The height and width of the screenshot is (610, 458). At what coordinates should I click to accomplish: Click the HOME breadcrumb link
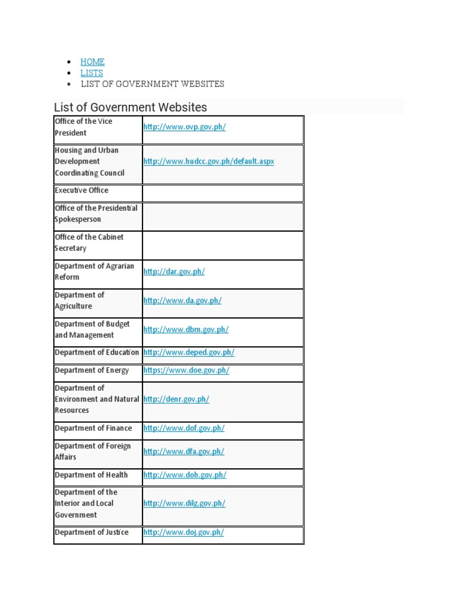click(x=92, y=61)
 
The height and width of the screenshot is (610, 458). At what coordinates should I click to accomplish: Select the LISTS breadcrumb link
click(x=92, y=73)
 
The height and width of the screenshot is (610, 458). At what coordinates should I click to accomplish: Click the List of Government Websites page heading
click(x=131, y=107)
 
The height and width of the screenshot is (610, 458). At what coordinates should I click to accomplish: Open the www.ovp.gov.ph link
click(x=184, y=127)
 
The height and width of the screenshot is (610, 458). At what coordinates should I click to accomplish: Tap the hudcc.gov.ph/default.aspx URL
click(x=209, y=161)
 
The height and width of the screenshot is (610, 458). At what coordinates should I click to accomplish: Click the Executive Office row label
click(x=82, y=191)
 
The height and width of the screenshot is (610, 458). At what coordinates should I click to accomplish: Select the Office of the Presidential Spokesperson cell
click(x=96, y=214)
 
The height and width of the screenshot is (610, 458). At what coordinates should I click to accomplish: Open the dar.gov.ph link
click(x=174, y=272)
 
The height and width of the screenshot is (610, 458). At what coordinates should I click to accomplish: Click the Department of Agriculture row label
click(x=79, y=301)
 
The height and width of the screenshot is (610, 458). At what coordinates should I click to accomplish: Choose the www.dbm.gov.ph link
click(x=186, y=329)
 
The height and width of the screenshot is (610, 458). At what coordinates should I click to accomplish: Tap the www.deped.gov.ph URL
click(x=189, y=353)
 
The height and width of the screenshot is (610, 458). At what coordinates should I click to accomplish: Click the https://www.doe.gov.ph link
click(x=186, y=371)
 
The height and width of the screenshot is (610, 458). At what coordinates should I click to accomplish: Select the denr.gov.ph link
click(x=176, y=399)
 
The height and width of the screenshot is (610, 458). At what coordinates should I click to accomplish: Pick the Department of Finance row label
click(x=94, y=428)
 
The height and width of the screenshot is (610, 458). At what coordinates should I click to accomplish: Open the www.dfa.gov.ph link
click(x=184, y=452)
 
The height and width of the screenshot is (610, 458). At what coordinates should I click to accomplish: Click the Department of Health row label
click(x=91, y=475)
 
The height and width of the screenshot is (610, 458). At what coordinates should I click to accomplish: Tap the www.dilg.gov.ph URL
click(x=184, y=503)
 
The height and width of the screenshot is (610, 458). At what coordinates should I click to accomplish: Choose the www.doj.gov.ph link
click(x=184, y=533)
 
